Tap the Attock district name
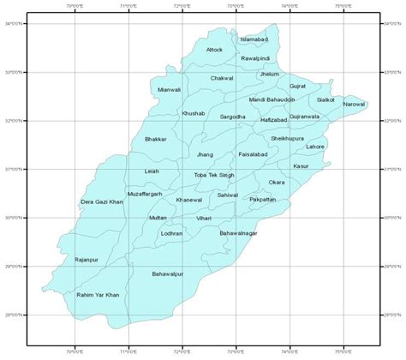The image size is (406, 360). click(215, 49)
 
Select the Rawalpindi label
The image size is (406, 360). click(255, 57)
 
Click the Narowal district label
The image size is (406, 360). click(354, 104)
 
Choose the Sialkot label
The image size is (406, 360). click(325, 99)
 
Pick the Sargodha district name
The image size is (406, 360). click(233, 116)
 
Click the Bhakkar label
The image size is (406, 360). click(156, 138)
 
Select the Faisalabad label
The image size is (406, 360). click(255, 155)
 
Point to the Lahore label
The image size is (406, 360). click(315, 147)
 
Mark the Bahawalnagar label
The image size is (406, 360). click(238, 232)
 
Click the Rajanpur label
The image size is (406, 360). click(87, 258)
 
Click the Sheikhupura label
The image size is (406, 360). click(287, 137)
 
